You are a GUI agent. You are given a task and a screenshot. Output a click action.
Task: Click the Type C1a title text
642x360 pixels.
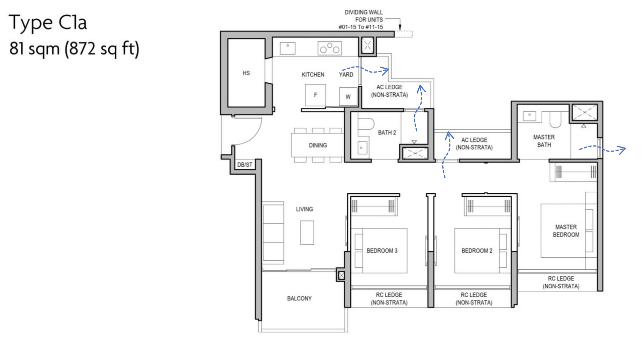tap(47, 23)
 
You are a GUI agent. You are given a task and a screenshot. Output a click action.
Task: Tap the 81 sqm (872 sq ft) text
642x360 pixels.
tap(74, 49)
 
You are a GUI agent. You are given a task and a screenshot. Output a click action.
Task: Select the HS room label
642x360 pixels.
tap(246, 73)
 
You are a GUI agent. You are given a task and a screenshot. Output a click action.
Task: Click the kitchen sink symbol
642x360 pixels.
tap(288, 48)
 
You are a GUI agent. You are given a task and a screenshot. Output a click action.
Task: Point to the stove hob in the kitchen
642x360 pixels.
tap(330, 48)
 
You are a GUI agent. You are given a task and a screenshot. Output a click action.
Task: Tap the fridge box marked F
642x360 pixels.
tap(315, 95)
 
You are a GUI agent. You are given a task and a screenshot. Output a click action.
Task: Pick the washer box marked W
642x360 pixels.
tap(348, 97)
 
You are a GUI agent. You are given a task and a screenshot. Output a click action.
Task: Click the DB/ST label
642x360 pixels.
tap(245, 165)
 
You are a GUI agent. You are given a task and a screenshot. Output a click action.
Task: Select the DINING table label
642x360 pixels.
tap(318, 145)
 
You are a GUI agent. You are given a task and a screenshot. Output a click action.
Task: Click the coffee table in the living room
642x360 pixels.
tap(307, 233)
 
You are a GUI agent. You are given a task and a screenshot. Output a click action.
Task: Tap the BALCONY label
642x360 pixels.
tap(299, 298)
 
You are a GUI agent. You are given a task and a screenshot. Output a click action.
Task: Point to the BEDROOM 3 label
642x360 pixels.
tap(382, 251)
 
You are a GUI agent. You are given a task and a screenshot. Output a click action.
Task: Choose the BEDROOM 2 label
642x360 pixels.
tap(477, 251)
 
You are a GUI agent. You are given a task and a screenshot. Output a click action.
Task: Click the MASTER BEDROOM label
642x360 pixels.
tap(566, 231)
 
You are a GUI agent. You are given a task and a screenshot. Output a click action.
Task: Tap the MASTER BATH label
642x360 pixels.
tap(544, 141)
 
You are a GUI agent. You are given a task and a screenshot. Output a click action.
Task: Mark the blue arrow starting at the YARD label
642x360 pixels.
tap(366, 70)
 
